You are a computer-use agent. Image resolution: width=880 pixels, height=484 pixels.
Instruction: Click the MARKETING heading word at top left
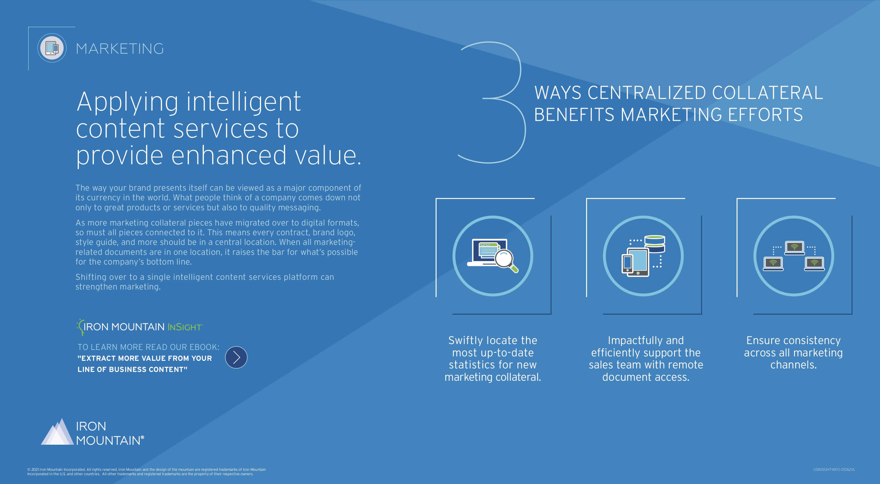click(x=120, y=48)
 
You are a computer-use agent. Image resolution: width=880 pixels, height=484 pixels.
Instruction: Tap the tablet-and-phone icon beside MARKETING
click(x=52, y=48)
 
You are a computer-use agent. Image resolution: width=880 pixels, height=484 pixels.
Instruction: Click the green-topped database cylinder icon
click(x=654, y=243)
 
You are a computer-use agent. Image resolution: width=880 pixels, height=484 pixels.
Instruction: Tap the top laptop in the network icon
click(x=794, y=248)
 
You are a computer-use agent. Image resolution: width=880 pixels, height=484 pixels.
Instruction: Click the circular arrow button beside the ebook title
click(x=236, y=357)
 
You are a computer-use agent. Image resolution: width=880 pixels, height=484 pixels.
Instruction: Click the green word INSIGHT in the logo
click(x=185, y=327)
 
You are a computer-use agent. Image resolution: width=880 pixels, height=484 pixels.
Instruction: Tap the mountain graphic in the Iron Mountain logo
click(x=57, y=432)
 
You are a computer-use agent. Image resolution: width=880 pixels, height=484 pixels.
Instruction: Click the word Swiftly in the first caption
click(x=466, y=340)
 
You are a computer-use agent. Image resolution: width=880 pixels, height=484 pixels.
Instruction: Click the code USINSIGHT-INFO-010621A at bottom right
click(x=834, y=469)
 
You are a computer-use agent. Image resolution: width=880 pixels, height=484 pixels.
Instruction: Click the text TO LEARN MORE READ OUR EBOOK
click(x=148, y=347)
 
